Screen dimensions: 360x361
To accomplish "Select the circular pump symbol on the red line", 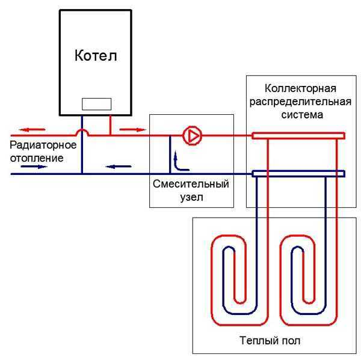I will tap(193, 136).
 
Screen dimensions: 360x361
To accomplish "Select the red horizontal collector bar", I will tap(298, 136).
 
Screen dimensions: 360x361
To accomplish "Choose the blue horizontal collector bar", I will tap(298, 174).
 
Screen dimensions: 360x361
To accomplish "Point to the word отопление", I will tap(37, 157).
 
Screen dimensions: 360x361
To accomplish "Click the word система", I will tap(299, 113).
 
